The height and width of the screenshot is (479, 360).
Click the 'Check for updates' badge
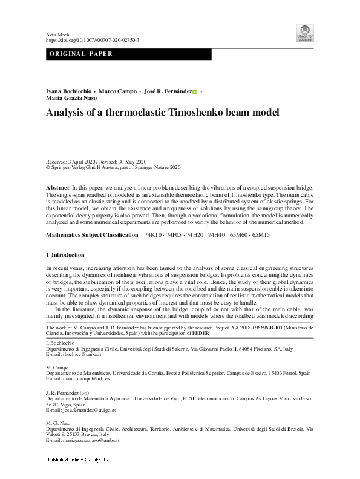(305, 33)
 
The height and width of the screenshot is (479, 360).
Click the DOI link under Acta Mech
(93, 40)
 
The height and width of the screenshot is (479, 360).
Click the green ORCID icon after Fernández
(195, 91)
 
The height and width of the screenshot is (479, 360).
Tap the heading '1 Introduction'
(65, 255)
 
